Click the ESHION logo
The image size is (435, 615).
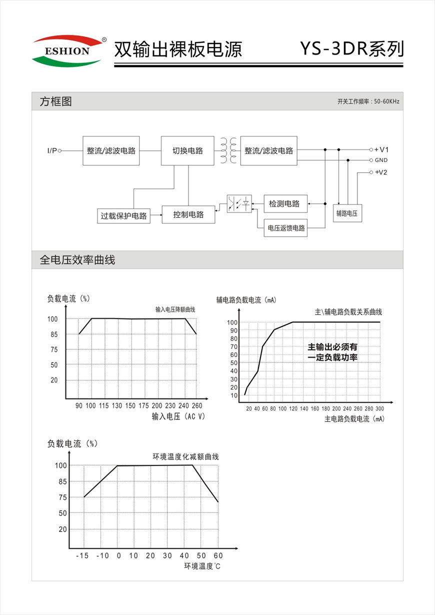[68, 51]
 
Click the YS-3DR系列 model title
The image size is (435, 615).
[351, 49]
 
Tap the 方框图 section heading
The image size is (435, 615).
[55, 101]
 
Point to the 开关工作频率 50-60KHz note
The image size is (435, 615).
[368, 102]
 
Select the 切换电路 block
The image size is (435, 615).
[188, 150]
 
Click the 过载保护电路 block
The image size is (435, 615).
[123, 216]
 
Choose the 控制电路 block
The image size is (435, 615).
[188, 214]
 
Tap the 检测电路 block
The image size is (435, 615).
[284, 203]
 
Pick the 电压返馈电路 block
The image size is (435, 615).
[286, 228]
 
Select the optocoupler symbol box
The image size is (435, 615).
[239, 204]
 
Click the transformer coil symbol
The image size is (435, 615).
[227, 150]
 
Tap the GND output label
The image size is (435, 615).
[381, 160]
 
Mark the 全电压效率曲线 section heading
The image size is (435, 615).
[77, 260]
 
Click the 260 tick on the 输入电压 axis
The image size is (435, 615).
[196, 406]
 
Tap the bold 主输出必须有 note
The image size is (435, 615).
[332, 346]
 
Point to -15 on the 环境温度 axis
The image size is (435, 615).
[83, 555]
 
